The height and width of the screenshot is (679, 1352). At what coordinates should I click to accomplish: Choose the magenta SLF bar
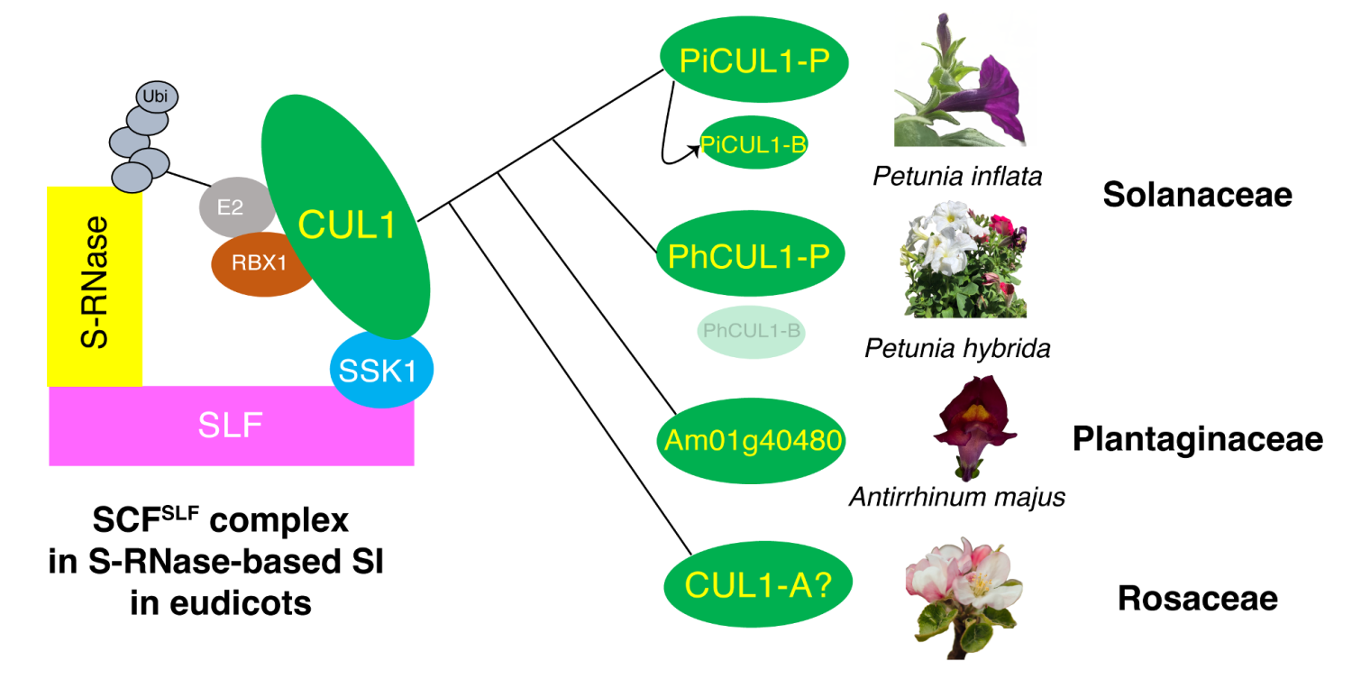tap(231, 426)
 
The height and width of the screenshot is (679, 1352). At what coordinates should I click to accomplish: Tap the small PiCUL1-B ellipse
tap(754, 143)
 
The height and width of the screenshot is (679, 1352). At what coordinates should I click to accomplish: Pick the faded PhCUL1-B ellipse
tap(752, 331)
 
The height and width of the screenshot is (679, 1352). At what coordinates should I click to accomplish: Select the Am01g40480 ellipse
tap(751, 440)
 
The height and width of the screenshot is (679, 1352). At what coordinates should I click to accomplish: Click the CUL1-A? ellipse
tap(757, 585)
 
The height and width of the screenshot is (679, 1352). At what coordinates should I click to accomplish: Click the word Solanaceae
tap(1197, 195)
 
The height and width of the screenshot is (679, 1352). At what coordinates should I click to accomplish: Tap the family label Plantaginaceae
tap(1197, 439)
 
